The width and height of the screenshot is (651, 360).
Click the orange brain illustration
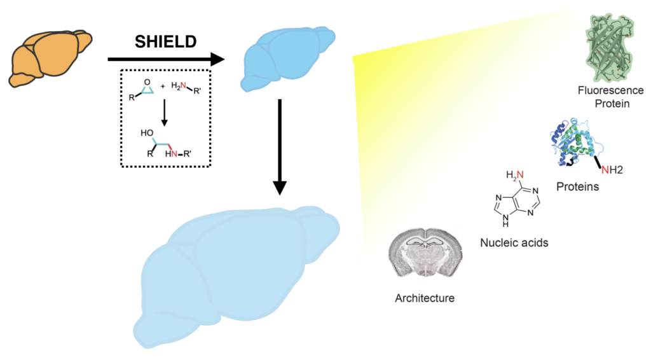pyautogui.click(x=50, y=58)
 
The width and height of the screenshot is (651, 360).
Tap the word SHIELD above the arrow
pyautogui.click(x=166, y=41)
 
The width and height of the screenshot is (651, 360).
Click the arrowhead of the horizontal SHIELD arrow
pyautogui.click(x=217, y=59)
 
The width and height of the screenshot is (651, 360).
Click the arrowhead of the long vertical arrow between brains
pyautogui.click(x=280, y=188)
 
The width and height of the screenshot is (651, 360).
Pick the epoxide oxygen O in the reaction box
pyautogui.click(x=147, y=82)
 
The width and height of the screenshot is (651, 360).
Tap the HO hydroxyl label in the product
pyautogui.click(x=147, y=133)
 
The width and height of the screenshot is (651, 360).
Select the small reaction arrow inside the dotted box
pyautogui.click(x=165, y=112)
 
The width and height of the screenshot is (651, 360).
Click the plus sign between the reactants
pyautogui.click(x=162, y=87)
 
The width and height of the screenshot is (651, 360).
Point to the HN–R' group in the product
pyautogui.click(x=178, y=154)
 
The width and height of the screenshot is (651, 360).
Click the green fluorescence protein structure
pyautogui.click(x=610, y=46)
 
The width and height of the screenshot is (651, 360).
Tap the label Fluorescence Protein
pyautogui.click(x=611, y=97)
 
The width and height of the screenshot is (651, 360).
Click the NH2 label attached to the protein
pyautogui.click(x=612, y=170)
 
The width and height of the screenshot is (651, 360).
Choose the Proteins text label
pyautogui.click(x=577, y=187)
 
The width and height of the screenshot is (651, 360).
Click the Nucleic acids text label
pyautogui.click(x=514, y=242)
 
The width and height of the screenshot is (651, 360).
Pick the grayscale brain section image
pyautogui.click(x=425, y=252)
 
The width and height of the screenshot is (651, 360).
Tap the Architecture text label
pyautogui.click(x=425, y=298)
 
